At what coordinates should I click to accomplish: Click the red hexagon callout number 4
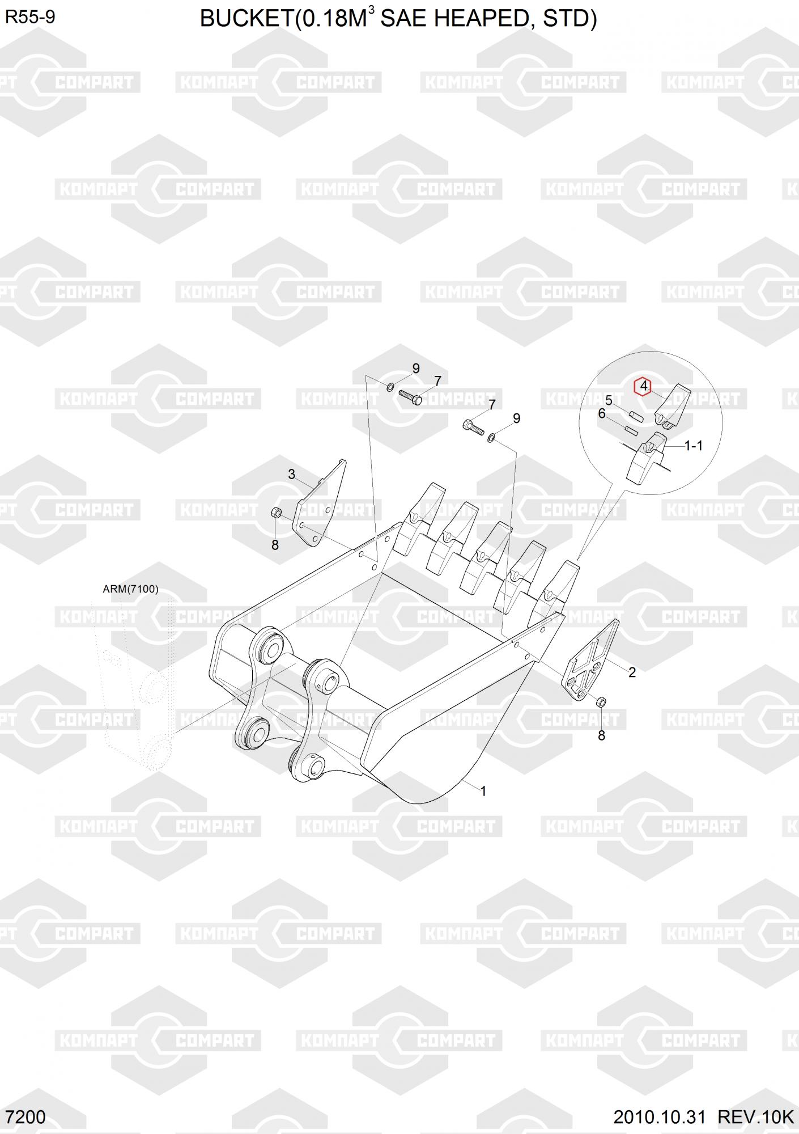click(643, 387)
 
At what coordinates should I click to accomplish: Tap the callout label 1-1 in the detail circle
click(693, 446)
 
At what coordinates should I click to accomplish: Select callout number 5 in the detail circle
click(609, 401)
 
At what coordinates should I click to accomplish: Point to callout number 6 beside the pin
click(602, 414)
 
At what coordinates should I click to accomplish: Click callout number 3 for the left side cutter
click(291, 474)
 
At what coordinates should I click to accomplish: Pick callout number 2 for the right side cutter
click(632, 672)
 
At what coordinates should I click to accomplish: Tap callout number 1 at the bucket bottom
click(483, 791)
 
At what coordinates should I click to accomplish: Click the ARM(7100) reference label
click(130, 589)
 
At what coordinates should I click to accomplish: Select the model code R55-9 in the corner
click(30, 17)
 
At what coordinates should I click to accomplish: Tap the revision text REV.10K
click(755, 1118)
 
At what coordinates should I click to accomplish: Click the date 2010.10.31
click(659, 1118)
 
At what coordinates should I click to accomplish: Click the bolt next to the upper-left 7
click(410, 397)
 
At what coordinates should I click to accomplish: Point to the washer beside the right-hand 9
click(491, 437)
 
